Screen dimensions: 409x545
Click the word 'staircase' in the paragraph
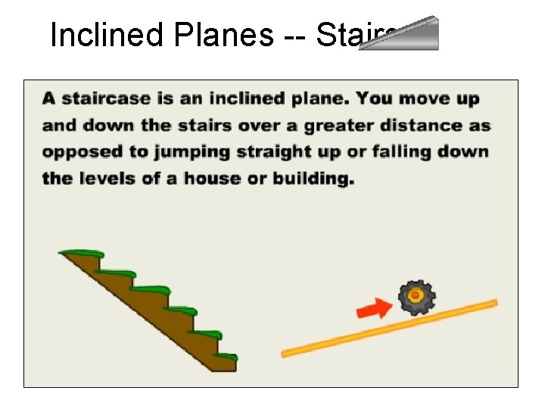pos(100,98)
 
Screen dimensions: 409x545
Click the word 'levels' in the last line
pos(111,179)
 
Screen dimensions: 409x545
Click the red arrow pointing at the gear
pos(373,308)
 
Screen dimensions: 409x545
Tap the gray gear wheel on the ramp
pos(416,297)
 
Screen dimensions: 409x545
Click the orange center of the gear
pos(416,295)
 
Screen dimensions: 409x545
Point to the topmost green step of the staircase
pos(82,253)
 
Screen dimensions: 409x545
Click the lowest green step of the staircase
pos(225,355)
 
